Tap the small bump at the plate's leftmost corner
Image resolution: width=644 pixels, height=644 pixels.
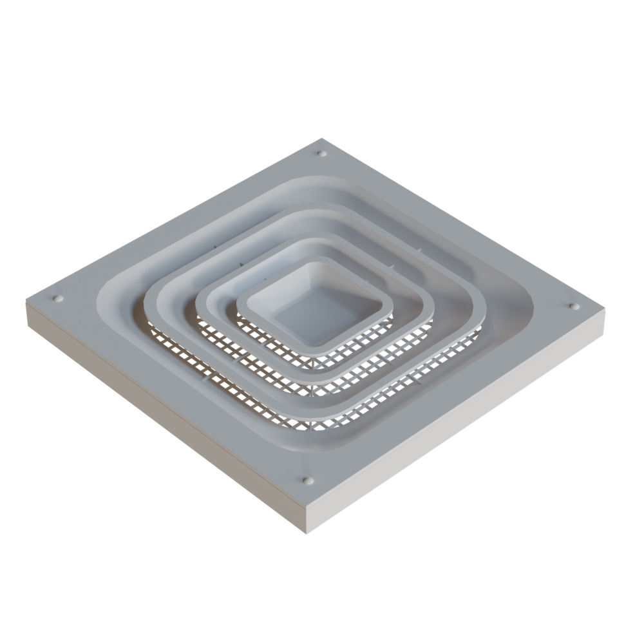58,299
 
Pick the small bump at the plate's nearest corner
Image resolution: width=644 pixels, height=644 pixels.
308,480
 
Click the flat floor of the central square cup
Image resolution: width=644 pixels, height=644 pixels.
314,316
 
